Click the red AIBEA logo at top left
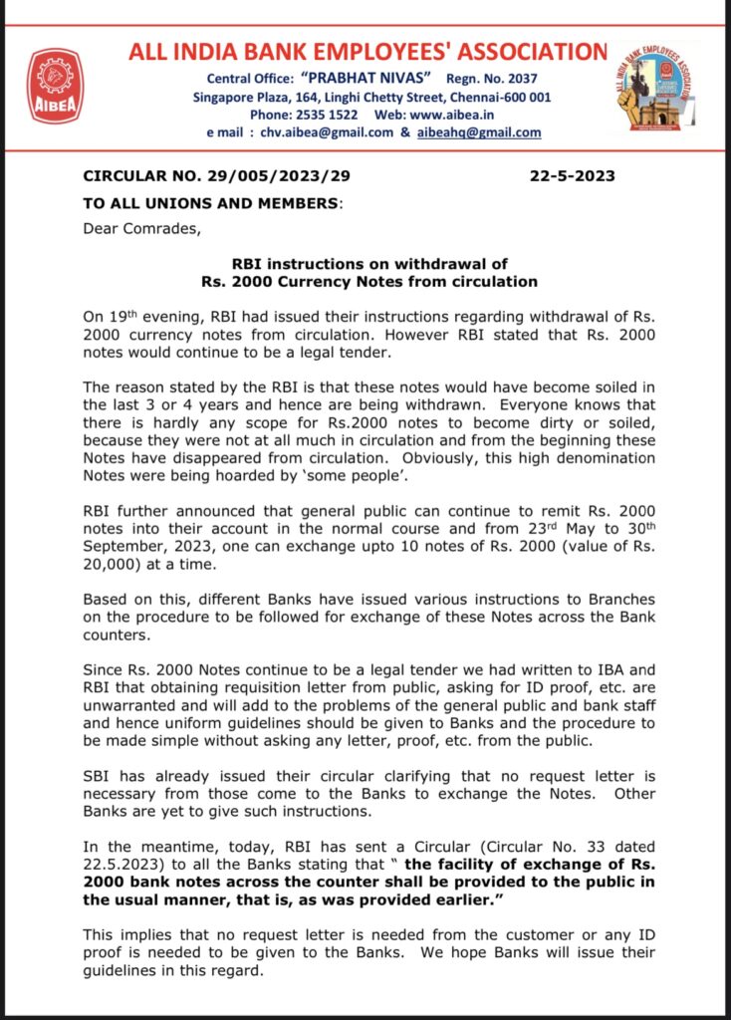[x=56, y=86]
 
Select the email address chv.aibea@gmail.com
[x=329, y=132]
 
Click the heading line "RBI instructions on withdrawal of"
[x=369, y=264]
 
